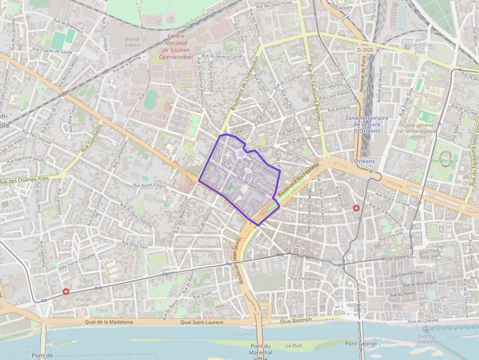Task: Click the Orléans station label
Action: click(x=365, y=161)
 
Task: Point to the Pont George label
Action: click(x=361, y=344)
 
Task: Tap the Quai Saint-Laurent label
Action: click(x=202, y=322)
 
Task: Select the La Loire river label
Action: click(x=243, y=334)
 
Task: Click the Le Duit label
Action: click(x=294, y=345)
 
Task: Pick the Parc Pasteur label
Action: click(x=443, y=161)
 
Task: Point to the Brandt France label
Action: click(x=132, y=42)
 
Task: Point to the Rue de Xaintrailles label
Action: click(x=251, y=185)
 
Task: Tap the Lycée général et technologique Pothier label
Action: click(x=417, y=131)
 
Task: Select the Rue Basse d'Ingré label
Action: click(x=150, y=186)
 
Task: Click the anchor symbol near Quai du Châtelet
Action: click(x=425, y=329)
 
